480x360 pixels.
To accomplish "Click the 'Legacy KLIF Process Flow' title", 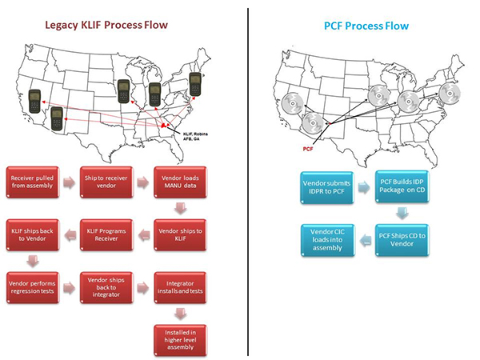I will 117,25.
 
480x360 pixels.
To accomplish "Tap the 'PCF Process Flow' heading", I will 367,26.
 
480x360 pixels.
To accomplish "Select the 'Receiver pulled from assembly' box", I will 33,181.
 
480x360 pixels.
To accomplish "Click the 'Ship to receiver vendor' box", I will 106,181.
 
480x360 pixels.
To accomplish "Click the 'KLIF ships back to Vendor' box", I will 33,234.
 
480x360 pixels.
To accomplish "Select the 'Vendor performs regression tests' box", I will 33,286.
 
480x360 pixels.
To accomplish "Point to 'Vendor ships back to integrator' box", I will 106,286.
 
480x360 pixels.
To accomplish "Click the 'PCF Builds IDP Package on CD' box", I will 402,188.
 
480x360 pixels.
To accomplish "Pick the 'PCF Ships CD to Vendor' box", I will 402,238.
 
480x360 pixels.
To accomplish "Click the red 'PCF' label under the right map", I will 308,148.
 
